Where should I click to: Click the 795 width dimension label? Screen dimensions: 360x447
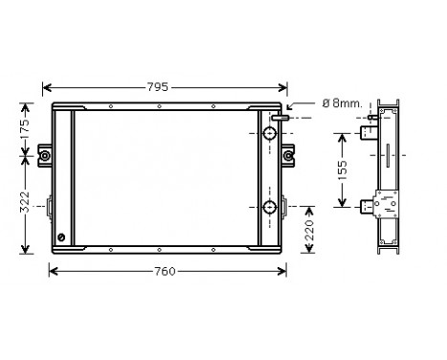[159, 87]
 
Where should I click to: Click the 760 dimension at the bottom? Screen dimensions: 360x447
[164, 271]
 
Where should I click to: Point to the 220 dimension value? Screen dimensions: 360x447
[309, 230]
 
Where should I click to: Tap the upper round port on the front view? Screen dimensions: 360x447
[268, 130]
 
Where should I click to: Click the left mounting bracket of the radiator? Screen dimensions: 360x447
[44, 155]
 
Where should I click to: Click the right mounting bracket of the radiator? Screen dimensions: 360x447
[288, 155]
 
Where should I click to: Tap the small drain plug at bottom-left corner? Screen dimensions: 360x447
[62, 237]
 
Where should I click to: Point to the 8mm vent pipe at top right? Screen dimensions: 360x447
[279, 118]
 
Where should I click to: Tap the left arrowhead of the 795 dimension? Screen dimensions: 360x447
[45, 87]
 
